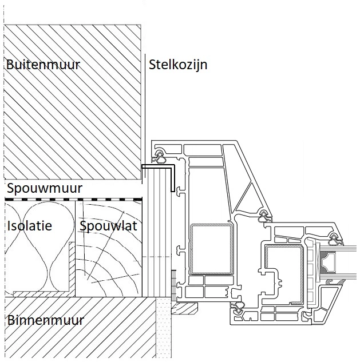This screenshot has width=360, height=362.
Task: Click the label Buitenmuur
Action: (x=43, y=65)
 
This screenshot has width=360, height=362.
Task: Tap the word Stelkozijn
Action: (x=178, y=65)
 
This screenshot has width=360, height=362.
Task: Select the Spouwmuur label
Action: (x=45, y=188)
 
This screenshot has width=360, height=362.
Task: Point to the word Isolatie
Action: (x=29, y=226)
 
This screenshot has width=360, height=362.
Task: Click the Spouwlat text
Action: (x=108, y=226)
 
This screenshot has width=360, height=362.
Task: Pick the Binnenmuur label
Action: (x=46, y=320)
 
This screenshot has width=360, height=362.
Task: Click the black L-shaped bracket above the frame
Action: (x=159, y=168)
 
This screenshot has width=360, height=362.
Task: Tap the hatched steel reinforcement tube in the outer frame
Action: (x=212, y=248)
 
